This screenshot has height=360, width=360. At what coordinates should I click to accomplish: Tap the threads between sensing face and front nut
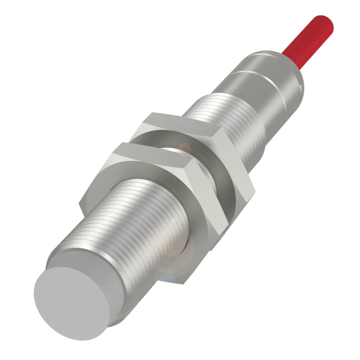coord(119,223)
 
